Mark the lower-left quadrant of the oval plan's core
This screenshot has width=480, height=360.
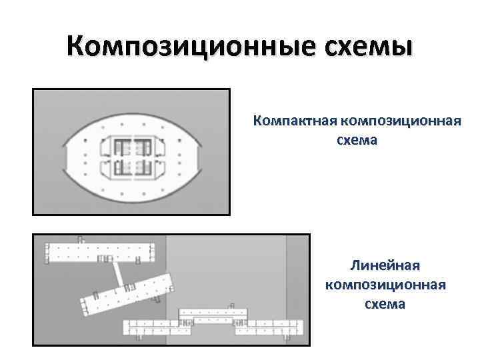pos(116,167)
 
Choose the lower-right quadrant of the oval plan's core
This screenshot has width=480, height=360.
pos(149,167)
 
